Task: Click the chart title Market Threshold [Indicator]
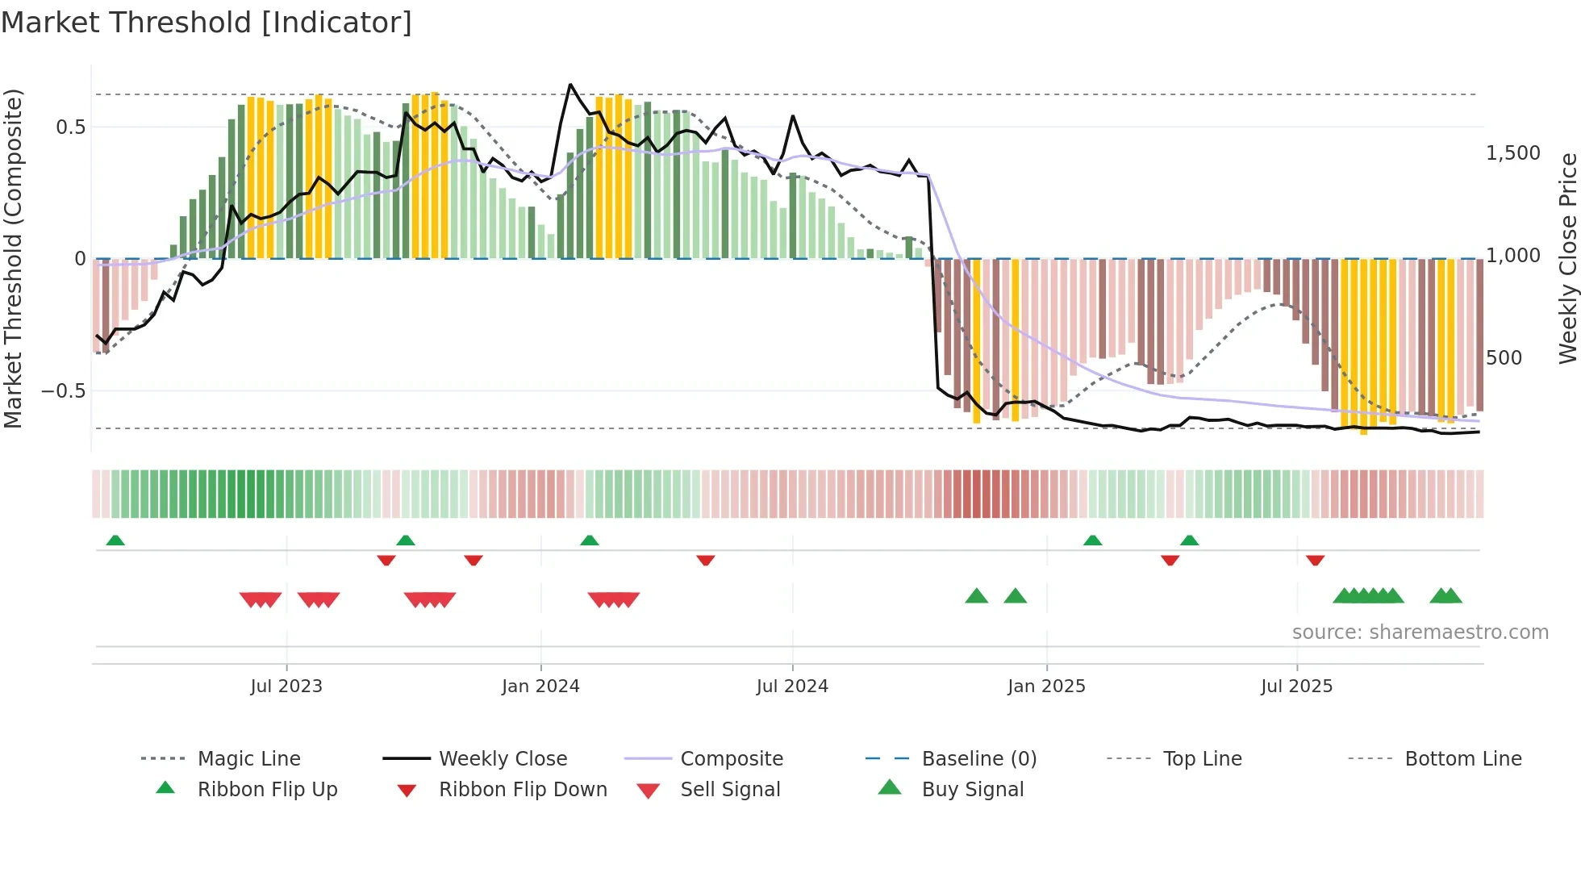(x=206, y=23)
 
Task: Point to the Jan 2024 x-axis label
(x=540, y=686)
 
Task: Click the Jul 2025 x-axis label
(x=1296, y=686)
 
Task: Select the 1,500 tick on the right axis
(x=1512, y=152)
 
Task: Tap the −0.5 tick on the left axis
(x=63, y=390)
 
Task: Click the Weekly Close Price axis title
(x=1567, y=258)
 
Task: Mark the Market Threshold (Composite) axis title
(x=13, y=258)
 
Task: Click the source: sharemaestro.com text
(x=1420, y=632)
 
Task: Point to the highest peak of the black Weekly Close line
(x=570, y=84)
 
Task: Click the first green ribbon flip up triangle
(x=115, y=540)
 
